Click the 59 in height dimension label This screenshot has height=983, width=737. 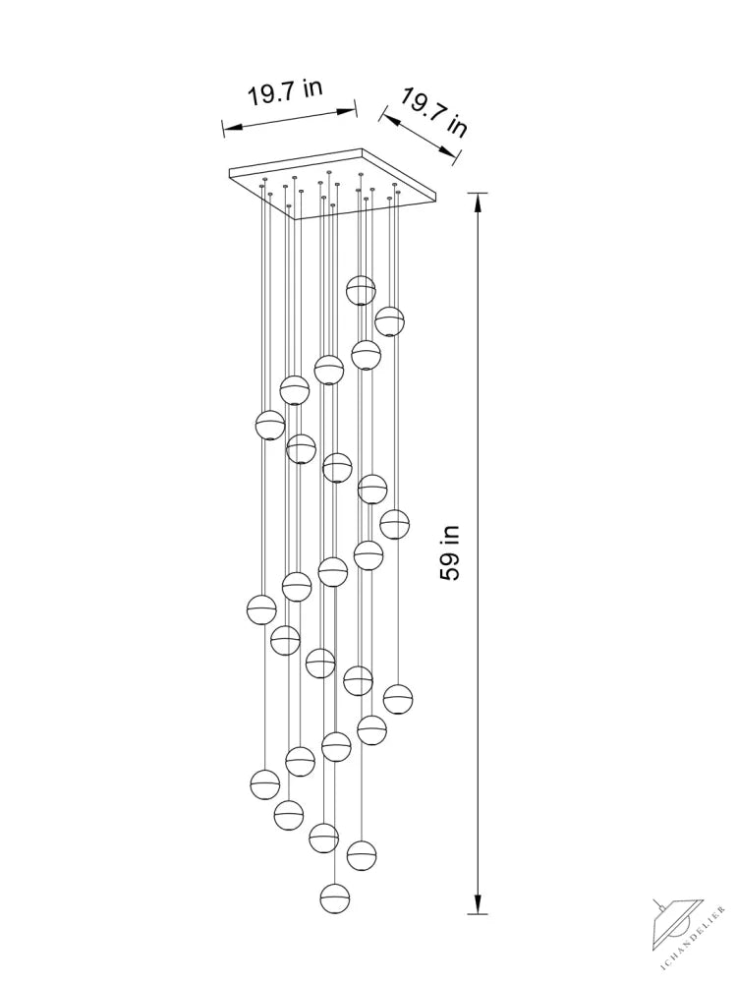click(450, 552)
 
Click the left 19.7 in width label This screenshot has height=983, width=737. click(285, 92)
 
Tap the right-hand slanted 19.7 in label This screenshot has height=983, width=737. click(433, 112)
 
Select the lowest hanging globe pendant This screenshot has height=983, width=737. click(335, 898)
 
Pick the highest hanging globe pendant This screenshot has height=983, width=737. click(361, 290)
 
